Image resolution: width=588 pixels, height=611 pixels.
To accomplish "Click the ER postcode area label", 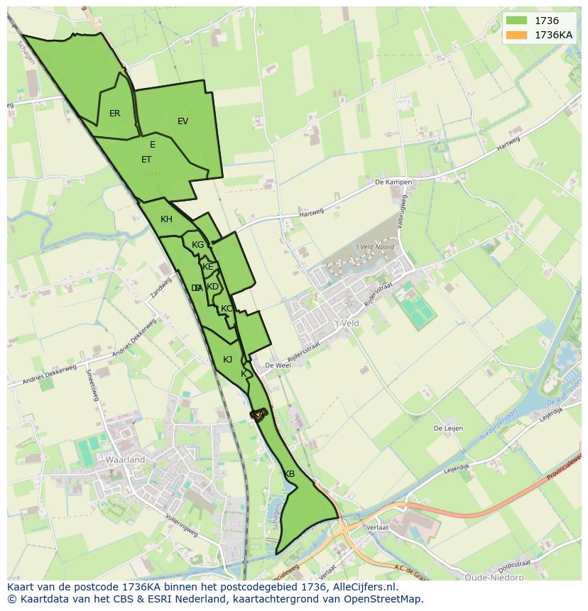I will coord(114,114).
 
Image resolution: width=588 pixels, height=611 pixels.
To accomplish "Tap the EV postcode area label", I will coord(183,121).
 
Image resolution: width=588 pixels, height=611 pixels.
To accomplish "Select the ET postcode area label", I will coord(146,160).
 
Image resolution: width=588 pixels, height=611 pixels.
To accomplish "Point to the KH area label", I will coord(166,219).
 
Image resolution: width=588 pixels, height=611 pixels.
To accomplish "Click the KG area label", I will coord(197,245).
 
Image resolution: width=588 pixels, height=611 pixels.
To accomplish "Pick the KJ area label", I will coord(227,360).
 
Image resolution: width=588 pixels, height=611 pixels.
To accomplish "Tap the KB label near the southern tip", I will coord(289,474).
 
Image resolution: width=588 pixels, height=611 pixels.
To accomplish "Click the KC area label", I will coord(227,309).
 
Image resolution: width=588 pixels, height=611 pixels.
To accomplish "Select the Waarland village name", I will coord(125,460).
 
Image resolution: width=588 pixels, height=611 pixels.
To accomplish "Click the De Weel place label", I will coord(278,365).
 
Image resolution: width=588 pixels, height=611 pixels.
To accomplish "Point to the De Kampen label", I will coord(393,182).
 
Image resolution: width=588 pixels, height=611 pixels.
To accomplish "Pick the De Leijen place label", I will coord(449,429).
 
